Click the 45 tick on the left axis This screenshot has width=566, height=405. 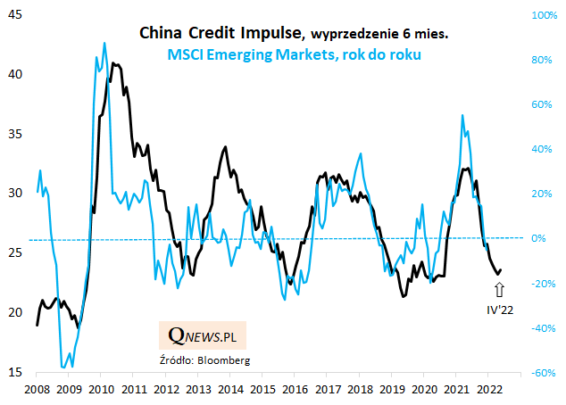(15, 15)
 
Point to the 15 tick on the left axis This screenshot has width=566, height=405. (15, 373)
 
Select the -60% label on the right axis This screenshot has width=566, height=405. (541, 373)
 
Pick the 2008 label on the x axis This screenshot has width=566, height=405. (36, 389)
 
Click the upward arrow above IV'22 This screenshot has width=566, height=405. (500, 289)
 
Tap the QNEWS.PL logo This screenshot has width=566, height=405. (203, 335)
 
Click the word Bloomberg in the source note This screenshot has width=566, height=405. (225, 360)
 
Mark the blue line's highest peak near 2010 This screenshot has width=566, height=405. (104, 42)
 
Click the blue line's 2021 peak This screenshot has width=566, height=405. (462, 115)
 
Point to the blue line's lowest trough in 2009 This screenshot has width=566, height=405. (64, 367)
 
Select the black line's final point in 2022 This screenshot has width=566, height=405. (501, 269)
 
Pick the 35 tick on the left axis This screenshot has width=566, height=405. (15, 135)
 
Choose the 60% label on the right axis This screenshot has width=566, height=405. (544, 105)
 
